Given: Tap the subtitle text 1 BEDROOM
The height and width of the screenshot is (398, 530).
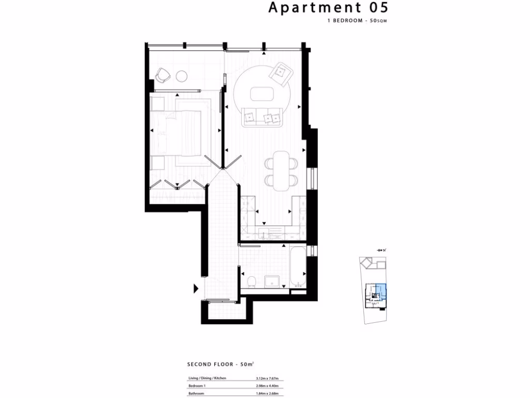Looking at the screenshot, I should click(x=345, y=21).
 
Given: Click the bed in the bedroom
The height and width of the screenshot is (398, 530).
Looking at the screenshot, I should click(x=178, y=133).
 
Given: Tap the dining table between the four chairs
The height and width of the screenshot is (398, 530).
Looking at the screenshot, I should click(x=282, y=170).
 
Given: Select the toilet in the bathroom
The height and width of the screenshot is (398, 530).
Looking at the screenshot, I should click(x=252, y=282).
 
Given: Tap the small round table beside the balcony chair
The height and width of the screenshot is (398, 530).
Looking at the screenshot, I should click(x=182, y=76).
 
